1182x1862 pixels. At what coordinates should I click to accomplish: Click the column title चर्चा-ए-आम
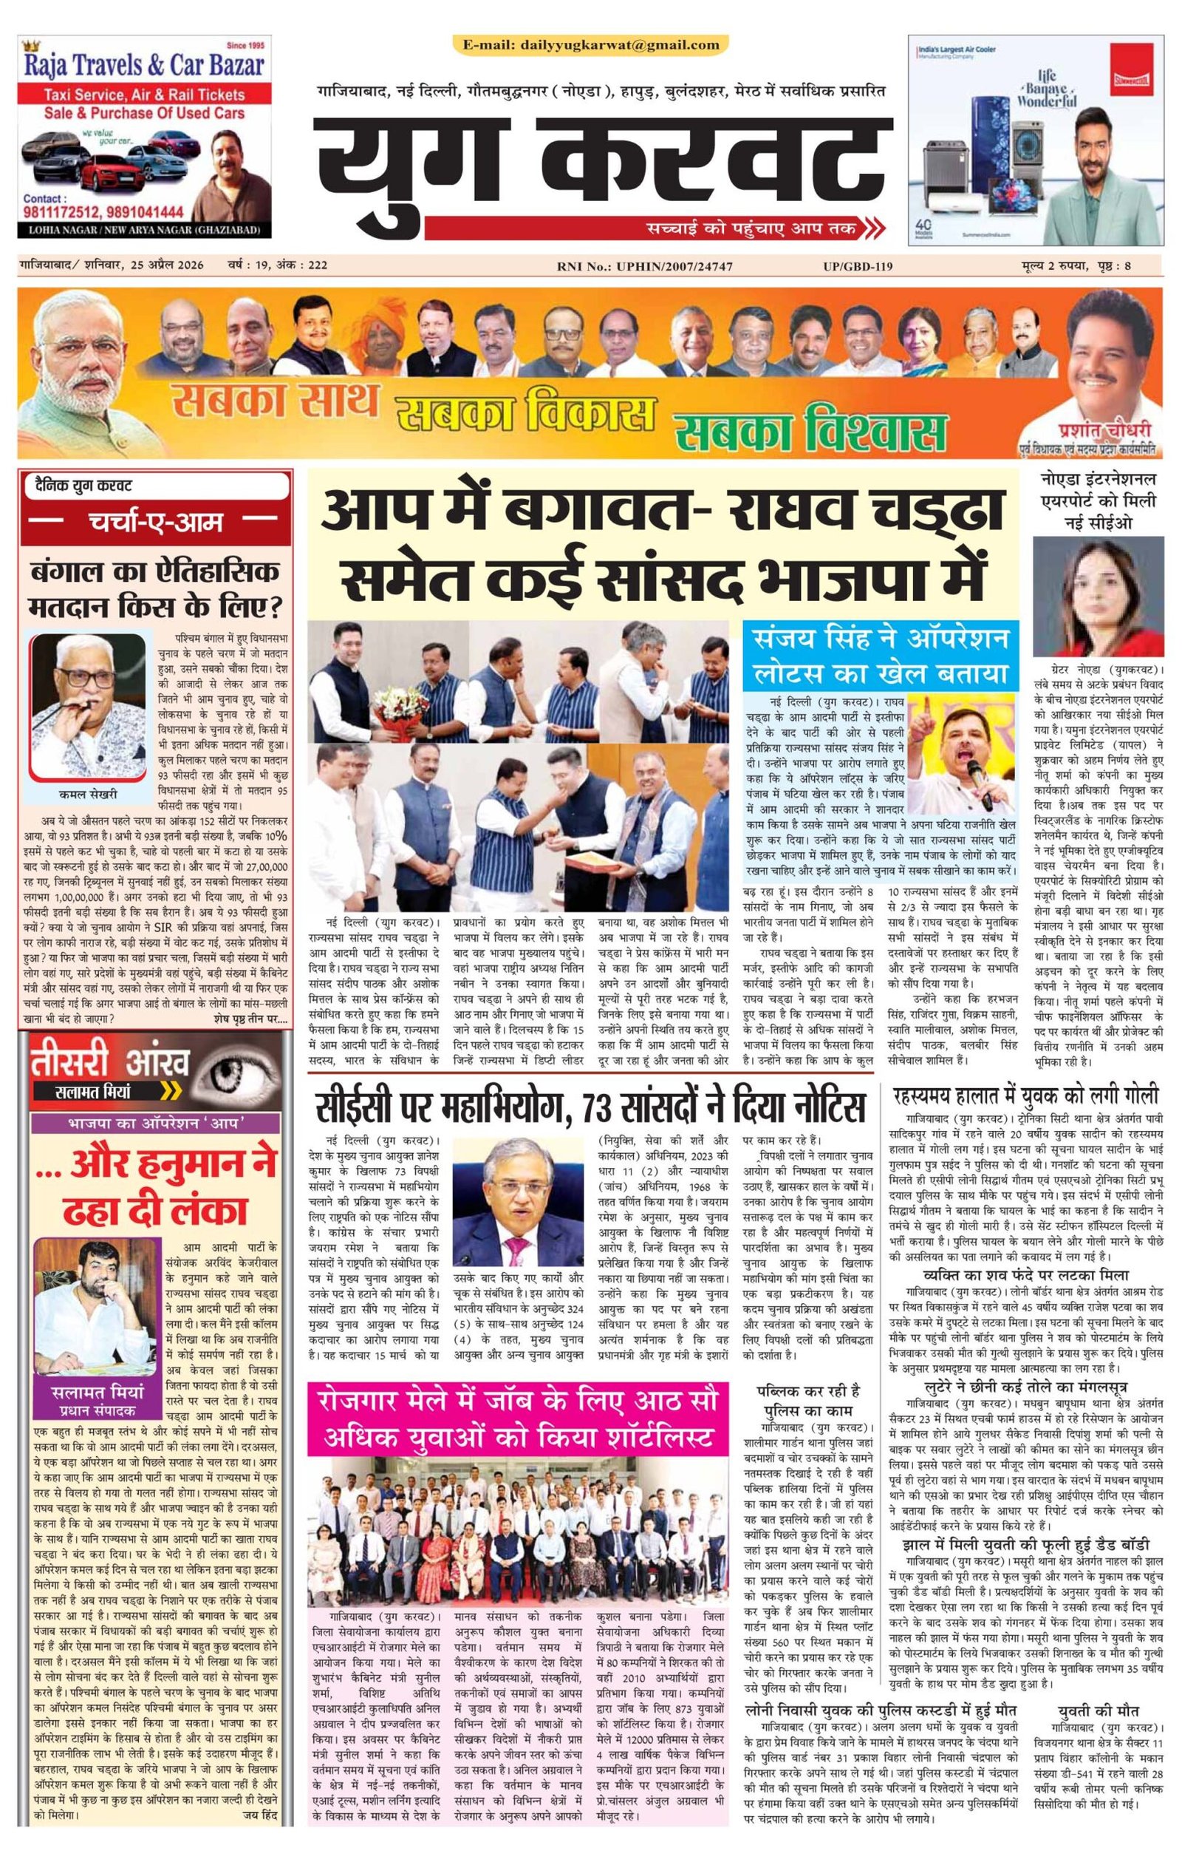[154, 522]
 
